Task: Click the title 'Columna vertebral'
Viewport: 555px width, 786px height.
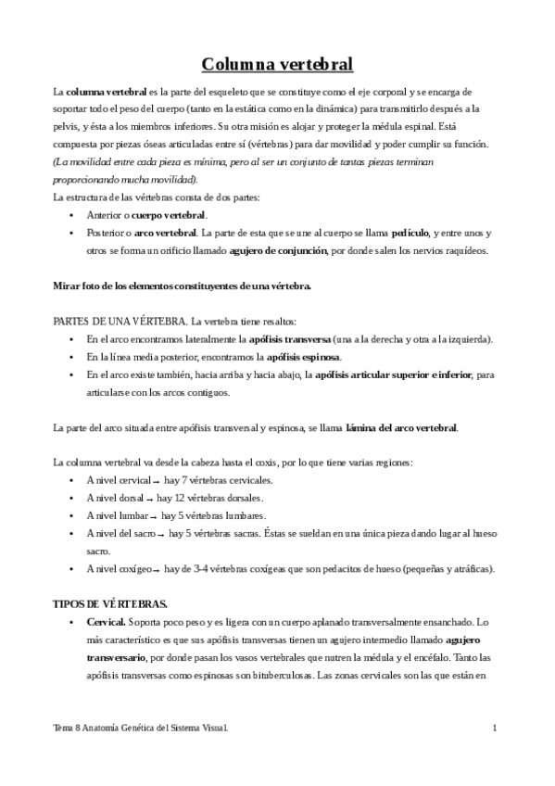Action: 277,65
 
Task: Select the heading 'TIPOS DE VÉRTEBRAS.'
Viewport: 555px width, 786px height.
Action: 110,603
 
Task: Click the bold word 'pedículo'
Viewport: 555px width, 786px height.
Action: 411,233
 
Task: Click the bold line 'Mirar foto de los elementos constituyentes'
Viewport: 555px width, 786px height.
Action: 182,285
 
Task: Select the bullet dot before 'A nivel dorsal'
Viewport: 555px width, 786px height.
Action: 72,499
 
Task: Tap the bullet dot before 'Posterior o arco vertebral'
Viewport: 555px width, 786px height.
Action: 72,234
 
